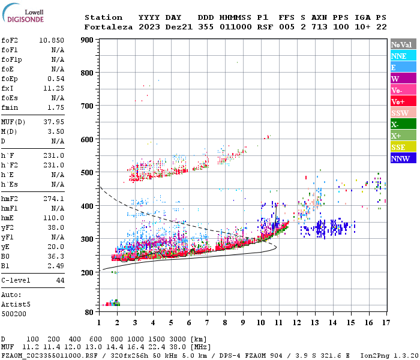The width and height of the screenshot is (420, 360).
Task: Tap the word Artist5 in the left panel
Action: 16,304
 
